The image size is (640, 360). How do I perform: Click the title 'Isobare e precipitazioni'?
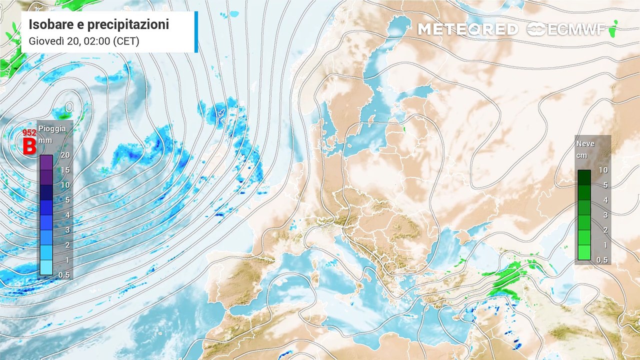click(x=98, y=24)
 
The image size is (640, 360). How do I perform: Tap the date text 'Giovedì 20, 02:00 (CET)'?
click(x=83, y=41)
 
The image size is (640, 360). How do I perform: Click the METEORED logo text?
click(x=467, y=29)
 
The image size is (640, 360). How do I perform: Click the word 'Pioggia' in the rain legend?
click(x=52, y=129)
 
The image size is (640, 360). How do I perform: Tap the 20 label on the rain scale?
click(x=65, y=155)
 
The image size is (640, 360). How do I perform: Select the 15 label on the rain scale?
click(x=65, y=170)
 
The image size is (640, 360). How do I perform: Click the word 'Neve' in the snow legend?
click(x=585, y=144)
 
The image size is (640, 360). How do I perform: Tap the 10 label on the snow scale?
click(x=603, y=170)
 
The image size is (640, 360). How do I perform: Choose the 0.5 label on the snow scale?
click(x=602, y=260)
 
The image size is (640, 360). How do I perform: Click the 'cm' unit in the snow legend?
click(x=582, y=155)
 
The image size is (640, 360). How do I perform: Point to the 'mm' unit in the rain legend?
click(x=45, y=140)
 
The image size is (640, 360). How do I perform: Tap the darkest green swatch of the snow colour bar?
click(x=584, y=177)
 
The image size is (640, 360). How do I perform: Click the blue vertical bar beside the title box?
click(x=196, y=32)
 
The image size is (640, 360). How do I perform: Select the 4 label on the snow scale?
click(x=603, y=200)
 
